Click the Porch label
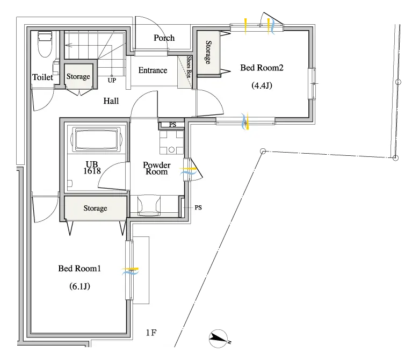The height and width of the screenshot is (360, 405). (x=164, y=38)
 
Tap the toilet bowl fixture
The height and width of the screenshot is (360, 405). (x=45, y=44)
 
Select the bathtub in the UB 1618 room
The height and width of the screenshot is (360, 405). (x=96, y=140)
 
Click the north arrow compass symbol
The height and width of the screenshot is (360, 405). (x=219, y=339)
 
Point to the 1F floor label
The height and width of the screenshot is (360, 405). (x=151, y=333)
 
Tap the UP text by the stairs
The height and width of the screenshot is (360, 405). (x=112, y=81)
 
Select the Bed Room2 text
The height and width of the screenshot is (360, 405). (x=262, y=68)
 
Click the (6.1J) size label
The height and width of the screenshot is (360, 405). (x=79, y=286)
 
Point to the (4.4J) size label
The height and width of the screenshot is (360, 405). (x=262, y=85)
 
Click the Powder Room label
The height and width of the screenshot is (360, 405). (x=156, y=168)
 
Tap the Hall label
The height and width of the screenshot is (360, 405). (x=111, y=101)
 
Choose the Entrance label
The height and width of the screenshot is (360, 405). (x=153, y=70)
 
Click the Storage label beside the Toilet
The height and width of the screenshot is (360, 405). (x=78, y=76)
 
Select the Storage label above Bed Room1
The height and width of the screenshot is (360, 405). (x=95, y=208)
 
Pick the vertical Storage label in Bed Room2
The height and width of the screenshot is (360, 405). (x=208, y=52)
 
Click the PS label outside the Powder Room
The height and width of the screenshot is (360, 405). (x=198, y=207)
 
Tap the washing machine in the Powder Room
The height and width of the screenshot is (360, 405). (x=171, y=142)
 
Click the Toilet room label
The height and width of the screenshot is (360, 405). (x=42, y=77)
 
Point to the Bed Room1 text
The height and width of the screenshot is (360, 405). (x=79, y=269)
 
